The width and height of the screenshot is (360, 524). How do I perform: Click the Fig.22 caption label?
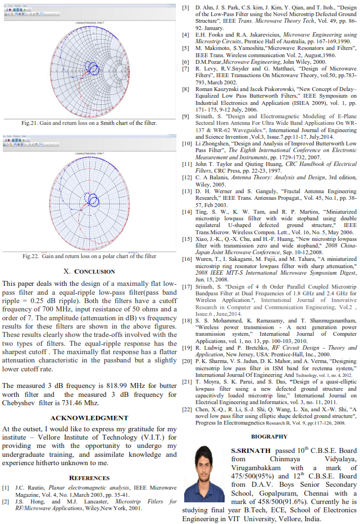coord(33,256)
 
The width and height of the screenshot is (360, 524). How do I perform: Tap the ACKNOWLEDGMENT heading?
coord(89,417)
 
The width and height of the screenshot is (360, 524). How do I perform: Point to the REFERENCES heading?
coord(90,477)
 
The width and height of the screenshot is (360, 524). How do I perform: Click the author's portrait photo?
coord(204,473)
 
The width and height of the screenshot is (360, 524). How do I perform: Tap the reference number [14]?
coord(187,211)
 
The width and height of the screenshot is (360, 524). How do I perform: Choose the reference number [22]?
coord(187,409)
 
